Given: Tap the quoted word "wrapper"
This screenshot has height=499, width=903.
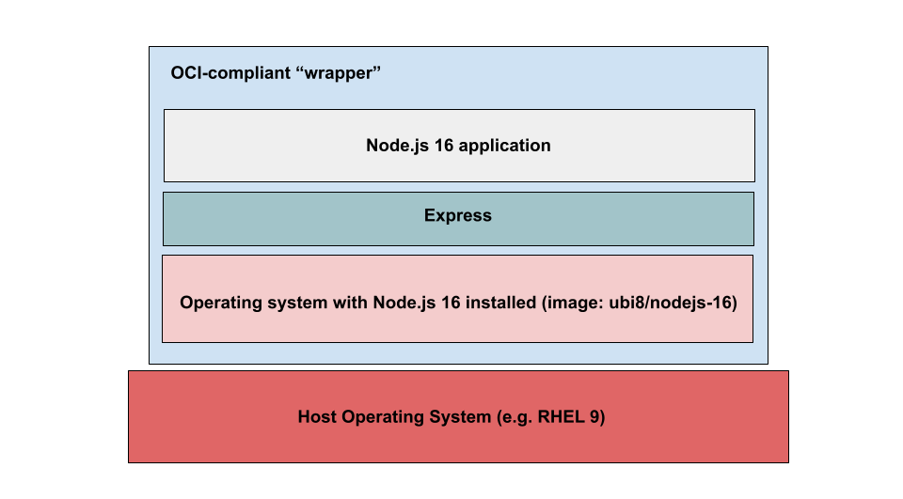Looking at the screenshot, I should coord(338,73).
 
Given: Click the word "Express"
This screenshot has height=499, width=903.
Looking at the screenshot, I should coord(458,215).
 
